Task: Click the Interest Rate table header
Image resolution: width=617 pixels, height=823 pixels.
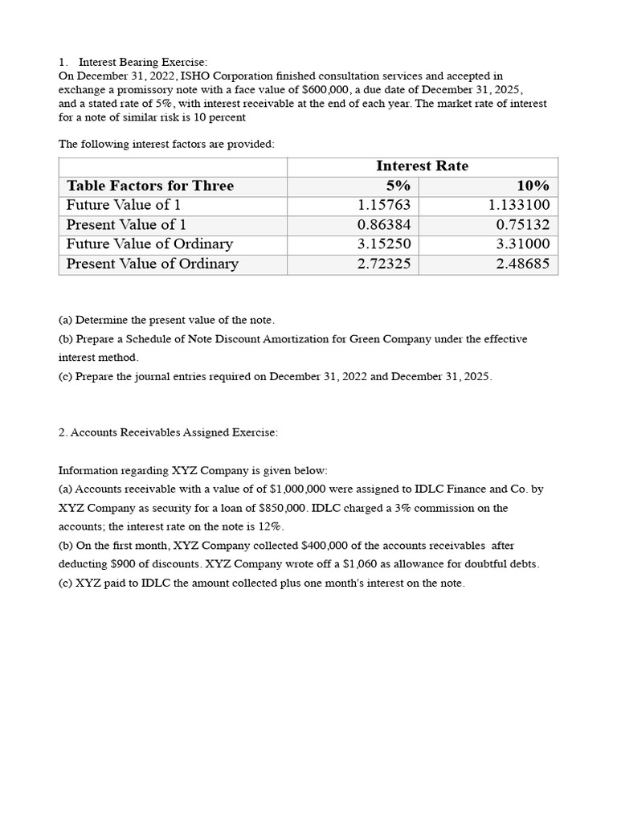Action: click(422, 166)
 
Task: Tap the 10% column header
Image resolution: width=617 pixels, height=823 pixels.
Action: click(533, 186)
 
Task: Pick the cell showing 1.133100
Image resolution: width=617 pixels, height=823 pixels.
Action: click(519, 205)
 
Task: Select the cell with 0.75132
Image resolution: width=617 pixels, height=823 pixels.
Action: click(523, 225)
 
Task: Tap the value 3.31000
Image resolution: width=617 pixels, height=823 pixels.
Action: click(523, 244)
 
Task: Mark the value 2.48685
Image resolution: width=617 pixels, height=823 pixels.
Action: click(523, 264)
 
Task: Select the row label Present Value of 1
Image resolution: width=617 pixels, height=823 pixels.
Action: click(126, 225)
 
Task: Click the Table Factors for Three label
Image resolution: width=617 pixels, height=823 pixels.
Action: click(150, 186)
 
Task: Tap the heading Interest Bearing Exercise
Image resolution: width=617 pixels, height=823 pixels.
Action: click(142, 62)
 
